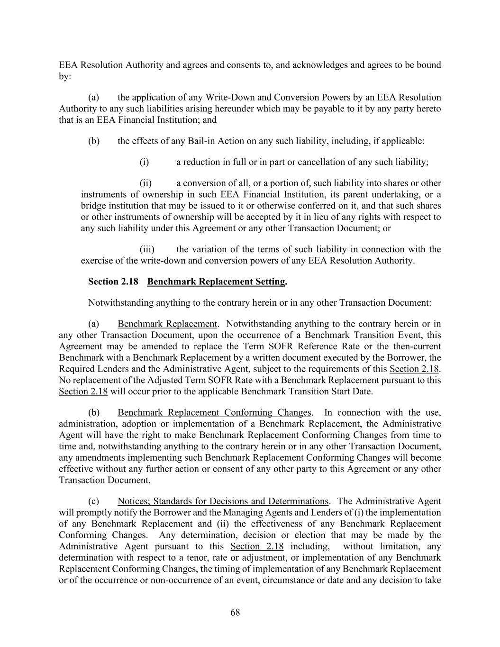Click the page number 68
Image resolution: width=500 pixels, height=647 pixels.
coord(235,612)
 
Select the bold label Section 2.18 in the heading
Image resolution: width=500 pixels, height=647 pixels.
coord(113,282)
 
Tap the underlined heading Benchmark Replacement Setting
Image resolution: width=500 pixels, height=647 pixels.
coord(216,282)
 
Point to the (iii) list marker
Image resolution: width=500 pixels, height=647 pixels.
coord(147,249)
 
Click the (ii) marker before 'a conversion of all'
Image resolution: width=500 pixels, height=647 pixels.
coord(145,183)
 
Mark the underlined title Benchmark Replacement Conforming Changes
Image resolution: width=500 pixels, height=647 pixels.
coord(214,412)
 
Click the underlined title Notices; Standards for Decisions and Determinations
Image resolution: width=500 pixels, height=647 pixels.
coord(223,501)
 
